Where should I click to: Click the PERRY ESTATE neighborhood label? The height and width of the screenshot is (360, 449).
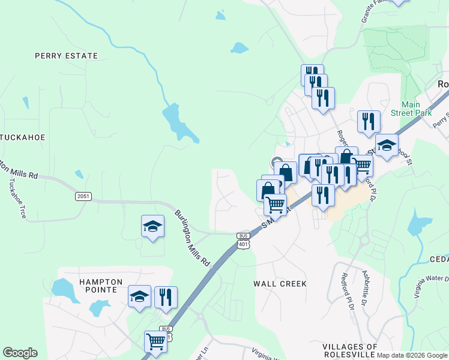[66, 56]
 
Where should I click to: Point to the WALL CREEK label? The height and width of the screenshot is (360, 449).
[280, 283]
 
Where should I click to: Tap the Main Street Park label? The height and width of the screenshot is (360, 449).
[406, 109]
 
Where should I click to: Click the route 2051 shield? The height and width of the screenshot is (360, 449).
[84, 196]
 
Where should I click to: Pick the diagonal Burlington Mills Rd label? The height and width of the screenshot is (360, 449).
[193, 238]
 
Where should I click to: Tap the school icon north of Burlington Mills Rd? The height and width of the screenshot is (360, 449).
[152, 226]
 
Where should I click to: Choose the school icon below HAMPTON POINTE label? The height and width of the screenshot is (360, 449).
[139, 296]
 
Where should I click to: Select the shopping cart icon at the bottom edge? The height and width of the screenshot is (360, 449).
[155, 341]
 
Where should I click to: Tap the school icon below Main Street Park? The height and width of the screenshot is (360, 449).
[387, 145]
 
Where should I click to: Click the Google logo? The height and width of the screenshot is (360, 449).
[20, 353]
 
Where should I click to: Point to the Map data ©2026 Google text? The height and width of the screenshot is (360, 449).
[412, 355]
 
